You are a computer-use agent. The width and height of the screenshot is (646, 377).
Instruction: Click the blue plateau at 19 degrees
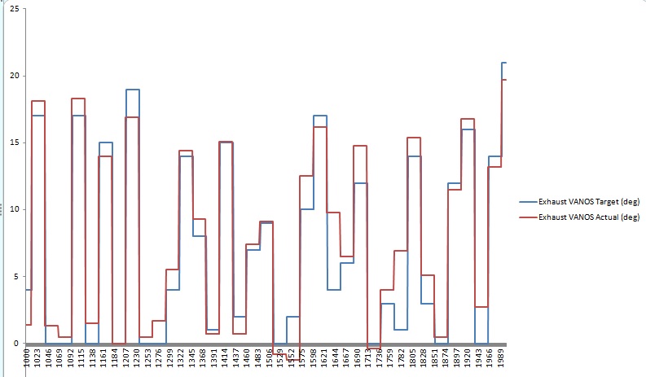click(x=133, y=90)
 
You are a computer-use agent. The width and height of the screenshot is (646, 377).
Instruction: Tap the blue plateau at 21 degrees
click(x=504, y=63)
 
